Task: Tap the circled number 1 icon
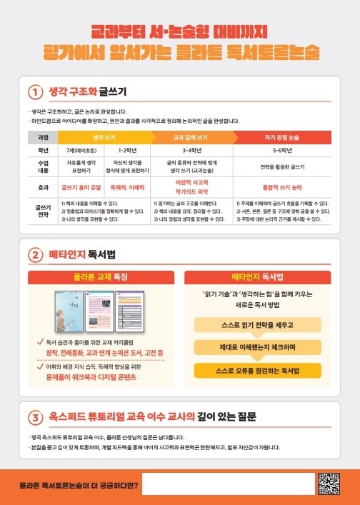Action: click(x=36, y=92)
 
